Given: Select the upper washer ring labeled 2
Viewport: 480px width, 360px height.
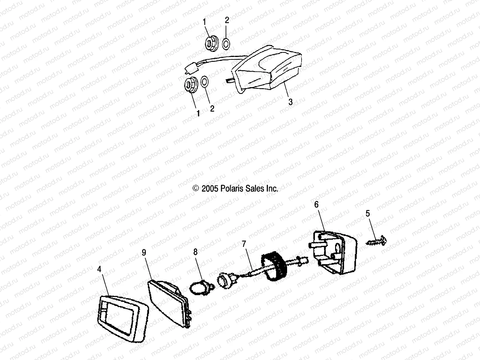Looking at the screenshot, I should click(226, 44).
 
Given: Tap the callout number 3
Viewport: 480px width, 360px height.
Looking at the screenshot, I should click(290, 102).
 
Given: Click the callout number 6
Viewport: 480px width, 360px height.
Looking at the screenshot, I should click(316, 205).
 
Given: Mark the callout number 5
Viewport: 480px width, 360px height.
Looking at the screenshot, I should click(368, 214).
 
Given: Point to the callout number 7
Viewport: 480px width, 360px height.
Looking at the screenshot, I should click(244, 244).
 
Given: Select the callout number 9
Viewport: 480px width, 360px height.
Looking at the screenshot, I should click(144, 253).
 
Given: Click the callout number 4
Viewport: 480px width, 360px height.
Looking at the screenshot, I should click(99, 269).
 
